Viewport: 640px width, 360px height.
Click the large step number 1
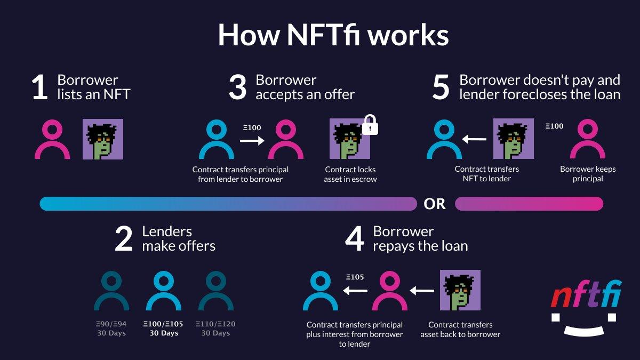pyautogui.click(x=40, y=87)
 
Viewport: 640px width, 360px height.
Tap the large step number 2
pyautogui.click(x=124, y=239)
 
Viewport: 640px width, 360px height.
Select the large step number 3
pyautogui.click(x=237, y=87)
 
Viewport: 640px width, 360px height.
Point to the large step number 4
pyautogui.click(x=355, y=239)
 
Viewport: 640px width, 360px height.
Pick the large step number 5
pyautogui.click(x=441, y=87)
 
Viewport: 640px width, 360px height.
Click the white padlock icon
pyautogui.click(x=370, y=125)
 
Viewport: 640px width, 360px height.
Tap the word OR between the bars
pyautogui.click(x=435, y=204)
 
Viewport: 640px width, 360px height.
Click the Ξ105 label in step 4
pyautogui.click(x=355, y=277)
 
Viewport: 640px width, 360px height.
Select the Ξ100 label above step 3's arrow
pyautogui.click(x=252, y=127)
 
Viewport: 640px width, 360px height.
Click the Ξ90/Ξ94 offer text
pyautogui.click(x=111, y=324)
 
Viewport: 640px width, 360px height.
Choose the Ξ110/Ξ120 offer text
pyautogui.click(x=215, y=324)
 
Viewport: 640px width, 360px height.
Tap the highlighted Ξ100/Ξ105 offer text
pyautogui.click(x=163, y=324)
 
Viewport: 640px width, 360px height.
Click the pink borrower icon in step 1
pyautogui.click(x=52, y=139)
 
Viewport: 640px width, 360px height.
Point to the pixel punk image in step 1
pyautogui.click(x=103, y=139)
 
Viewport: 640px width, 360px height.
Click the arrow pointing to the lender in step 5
pyautogui.click(x=474, y=139)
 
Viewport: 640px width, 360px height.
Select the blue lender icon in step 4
pyautogui.click(x=321, y=291)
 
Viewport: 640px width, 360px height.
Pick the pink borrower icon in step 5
pyautogui.click(x=588, y=139)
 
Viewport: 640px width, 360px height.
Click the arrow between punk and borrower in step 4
pyautogui.click(x=422, y=291)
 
